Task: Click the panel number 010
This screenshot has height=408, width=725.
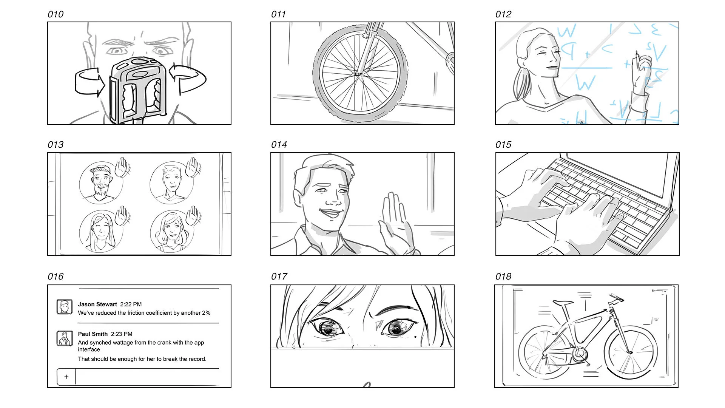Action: click(56, 14)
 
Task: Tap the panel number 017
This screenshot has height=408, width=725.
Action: click(279, 277)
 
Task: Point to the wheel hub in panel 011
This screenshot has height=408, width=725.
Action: click(357, 74)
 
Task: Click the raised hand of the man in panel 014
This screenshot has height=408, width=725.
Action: click(395, 223)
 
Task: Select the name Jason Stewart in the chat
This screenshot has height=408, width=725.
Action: click(97, 304)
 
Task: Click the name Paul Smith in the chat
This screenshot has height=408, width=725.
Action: click(93, 334)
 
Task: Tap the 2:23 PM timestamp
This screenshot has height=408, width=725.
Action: click(122, 334)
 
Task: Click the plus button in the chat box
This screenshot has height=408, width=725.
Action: click(66, 377)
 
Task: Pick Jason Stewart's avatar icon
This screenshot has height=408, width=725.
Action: click(64, 307)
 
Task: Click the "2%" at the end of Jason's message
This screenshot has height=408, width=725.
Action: click(206, 313)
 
